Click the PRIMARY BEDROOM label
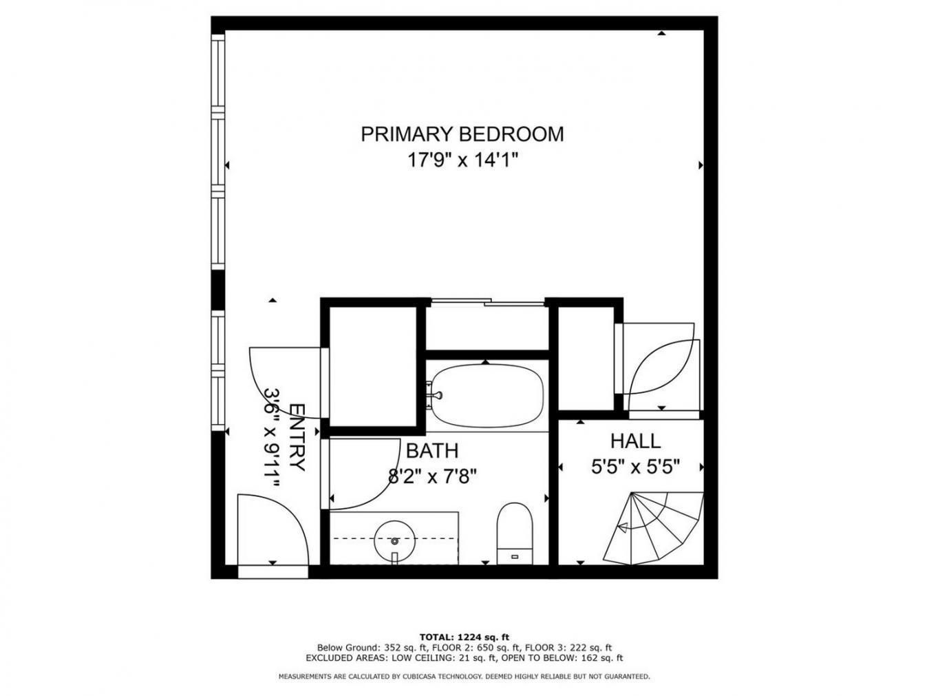462,134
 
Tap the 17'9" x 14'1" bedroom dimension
462,160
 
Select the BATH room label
431,451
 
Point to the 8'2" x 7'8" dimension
432,476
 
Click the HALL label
635,441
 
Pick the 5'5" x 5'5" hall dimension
635,467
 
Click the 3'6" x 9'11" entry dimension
273,438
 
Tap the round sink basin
394,541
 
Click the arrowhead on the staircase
622,528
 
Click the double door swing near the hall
661,366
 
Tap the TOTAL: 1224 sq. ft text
464,637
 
